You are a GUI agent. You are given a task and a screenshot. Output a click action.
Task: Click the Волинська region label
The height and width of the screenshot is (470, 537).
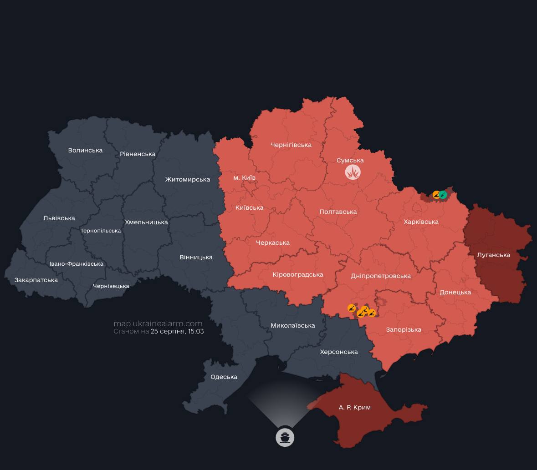point(85,150)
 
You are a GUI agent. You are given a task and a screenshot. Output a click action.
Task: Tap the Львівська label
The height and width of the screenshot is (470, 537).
point(59,218)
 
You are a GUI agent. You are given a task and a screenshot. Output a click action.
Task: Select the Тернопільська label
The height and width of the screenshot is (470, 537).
point(101,231)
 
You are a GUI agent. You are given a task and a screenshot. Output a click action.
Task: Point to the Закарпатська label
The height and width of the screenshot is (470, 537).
point(36,280)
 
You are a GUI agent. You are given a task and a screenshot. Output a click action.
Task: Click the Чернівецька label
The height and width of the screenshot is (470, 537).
point(111,286)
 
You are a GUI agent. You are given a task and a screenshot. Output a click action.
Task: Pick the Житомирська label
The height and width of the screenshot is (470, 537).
point(187,179)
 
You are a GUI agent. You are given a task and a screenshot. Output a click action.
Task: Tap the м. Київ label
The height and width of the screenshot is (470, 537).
point(244,177)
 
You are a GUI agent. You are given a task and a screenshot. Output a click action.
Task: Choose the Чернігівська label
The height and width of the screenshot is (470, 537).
point(291,145)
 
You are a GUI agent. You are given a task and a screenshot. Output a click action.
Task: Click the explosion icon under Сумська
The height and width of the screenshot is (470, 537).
point(353,172)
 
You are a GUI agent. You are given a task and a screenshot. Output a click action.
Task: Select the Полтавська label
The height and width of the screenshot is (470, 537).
point(338,212)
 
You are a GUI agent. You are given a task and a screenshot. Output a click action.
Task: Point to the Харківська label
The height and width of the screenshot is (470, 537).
point(421,222)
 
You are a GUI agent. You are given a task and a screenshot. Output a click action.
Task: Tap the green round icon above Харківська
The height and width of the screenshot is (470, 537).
point(443,195)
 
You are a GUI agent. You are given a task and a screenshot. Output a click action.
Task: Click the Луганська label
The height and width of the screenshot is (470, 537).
point(493,255)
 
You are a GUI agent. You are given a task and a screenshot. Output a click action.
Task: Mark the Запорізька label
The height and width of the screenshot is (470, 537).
point(404,329)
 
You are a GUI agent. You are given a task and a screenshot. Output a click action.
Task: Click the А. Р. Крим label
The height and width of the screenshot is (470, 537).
point(355,407)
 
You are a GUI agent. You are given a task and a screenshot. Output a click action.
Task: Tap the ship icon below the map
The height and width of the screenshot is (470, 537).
point(285,438)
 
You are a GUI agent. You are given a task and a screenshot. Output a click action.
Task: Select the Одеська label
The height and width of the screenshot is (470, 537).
point(224,377)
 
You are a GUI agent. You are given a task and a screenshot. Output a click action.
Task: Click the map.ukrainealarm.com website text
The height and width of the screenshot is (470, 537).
point(158,323)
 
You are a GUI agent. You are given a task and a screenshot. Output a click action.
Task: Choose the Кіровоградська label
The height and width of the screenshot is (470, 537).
point(298,274)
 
